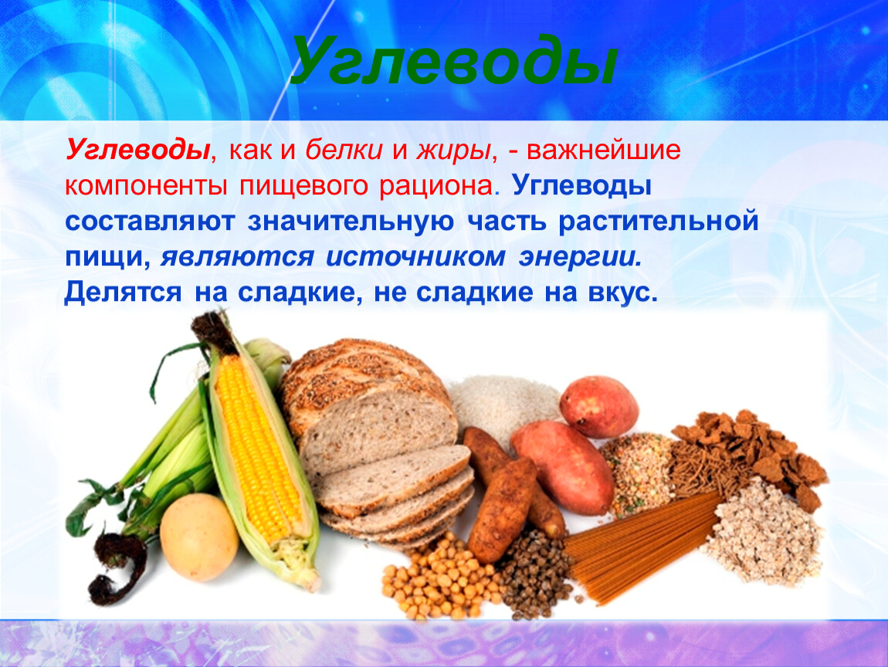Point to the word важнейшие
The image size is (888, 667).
pos(604,151)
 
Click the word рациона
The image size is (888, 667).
pos(437,187)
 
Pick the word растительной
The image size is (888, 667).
pos(658,222)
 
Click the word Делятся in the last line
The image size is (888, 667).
pos(123,293)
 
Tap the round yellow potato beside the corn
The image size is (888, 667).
pos(198,537)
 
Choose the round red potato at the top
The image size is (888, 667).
pos(598,407)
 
